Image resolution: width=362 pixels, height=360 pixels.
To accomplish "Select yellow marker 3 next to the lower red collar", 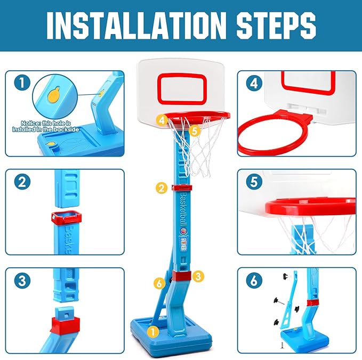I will coord(198,276).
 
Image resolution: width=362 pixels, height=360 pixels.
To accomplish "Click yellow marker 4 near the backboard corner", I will coord(162,120).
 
